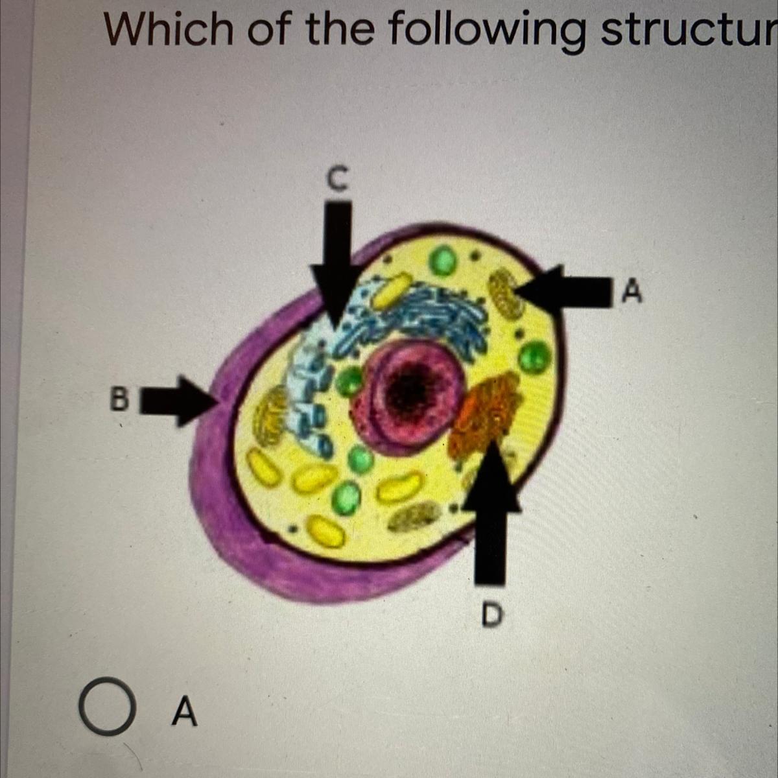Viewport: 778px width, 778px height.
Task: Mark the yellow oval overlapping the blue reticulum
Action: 391,292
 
